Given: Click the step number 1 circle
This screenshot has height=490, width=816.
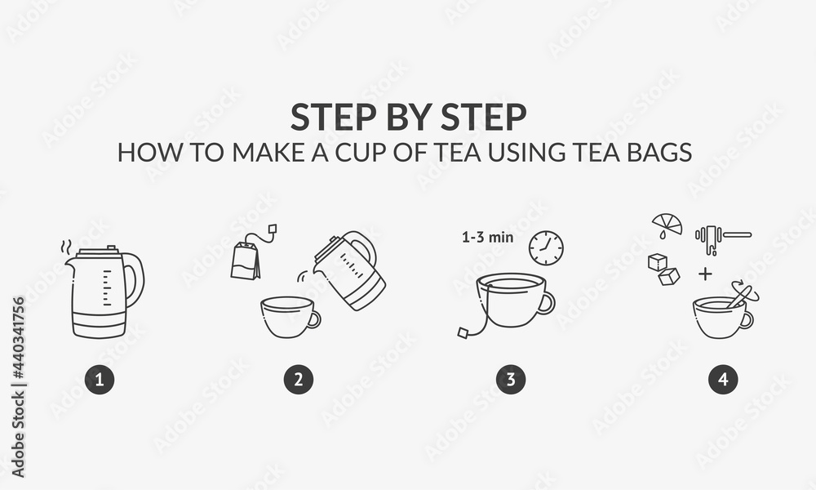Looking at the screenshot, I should click(100, 379).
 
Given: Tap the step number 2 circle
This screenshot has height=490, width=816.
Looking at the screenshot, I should click(299, 379).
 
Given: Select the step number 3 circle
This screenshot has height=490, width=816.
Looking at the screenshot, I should click(511, 379).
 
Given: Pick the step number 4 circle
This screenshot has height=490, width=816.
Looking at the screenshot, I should click(723, 379).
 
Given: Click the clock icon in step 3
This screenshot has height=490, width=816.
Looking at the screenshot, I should click(545, 247).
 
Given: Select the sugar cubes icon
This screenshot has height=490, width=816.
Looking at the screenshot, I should click(663, 269).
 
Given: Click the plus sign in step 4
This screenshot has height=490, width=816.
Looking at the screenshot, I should click(705, 273).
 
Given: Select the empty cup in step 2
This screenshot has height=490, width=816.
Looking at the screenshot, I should click(288, 318).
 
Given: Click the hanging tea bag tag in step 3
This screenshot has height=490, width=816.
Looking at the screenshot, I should click(463, 332).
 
